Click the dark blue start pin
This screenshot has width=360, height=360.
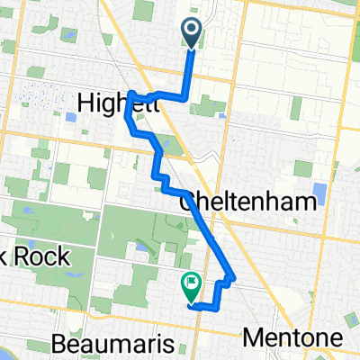(x=193, y=33)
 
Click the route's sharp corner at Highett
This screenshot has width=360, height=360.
(x=131, y=93)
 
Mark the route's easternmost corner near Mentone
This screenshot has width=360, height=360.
(x=234, y=276)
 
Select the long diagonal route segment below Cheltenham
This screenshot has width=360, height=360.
(x=209, y=233)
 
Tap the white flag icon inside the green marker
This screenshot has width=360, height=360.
(x=191, y=283)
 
